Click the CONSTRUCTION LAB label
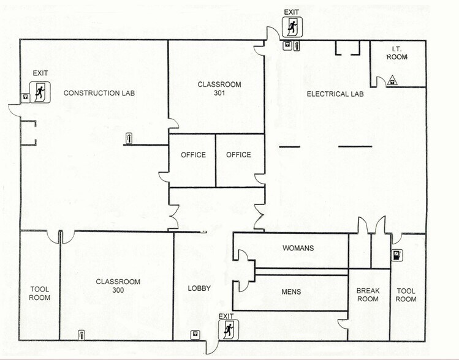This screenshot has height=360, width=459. coord(99,93)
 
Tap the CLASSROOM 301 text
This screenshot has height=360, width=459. coord(219,89)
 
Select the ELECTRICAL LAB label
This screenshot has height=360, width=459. coord(335,94)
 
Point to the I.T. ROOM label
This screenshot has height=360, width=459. coord(396,53)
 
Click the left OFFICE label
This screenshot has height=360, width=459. coord(193,155)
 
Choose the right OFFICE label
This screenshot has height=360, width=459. coord(238,155)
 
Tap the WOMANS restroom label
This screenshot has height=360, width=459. coord(298,248)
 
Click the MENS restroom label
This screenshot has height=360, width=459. coord(290,291)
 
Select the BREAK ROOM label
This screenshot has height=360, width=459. coord(368,295)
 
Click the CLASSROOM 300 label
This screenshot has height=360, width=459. coord(118,286)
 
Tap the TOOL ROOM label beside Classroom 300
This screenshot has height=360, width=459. coord(39,293)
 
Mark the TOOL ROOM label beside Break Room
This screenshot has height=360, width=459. coord(406,295)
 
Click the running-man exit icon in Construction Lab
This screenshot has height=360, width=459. coord(40,92)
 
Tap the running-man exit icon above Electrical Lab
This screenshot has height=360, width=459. coord(291,28)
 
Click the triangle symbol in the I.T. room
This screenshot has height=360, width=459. coord(392,80)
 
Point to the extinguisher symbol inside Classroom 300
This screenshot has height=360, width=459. coord(81,334)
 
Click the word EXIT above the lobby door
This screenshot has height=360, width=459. coord(226,316)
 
